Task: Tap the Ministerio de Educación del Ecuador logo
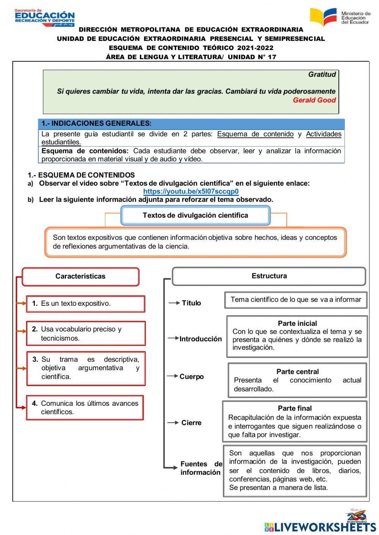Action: click(340, 17)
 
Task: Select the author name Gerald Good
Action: click(314, 100)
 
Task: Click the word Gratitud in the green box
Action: click(322, 75)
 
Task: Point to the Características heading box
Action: click(80, 277)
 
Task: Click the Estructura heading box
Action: click(269, 276)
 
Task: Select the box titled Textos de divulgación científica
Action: click(195, 216)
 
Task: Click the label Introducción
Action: click(200, 339)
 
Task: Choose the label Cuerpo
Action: click(191, 377)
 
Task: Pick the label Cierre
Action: click(191, 423)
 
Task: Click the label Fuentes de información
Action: click(201, 468)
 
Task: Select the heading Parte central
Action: click(298, 372)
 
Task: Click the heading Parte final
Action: click(294, 408)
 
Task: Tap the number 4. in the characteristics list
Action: click(35, 404)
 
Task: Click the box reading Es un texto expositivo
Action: click(85, 303)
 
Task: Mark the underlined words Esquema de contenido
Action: click(255, 134)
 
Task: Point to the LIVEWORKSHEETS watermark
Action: click(320, 527)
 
